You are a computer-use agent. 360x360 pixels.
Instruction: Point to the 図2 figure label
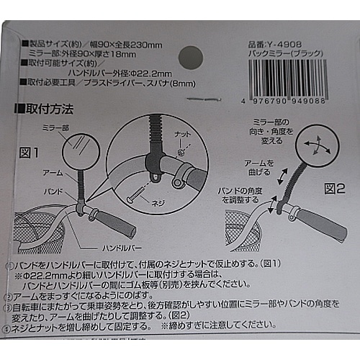pos(336,189)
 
